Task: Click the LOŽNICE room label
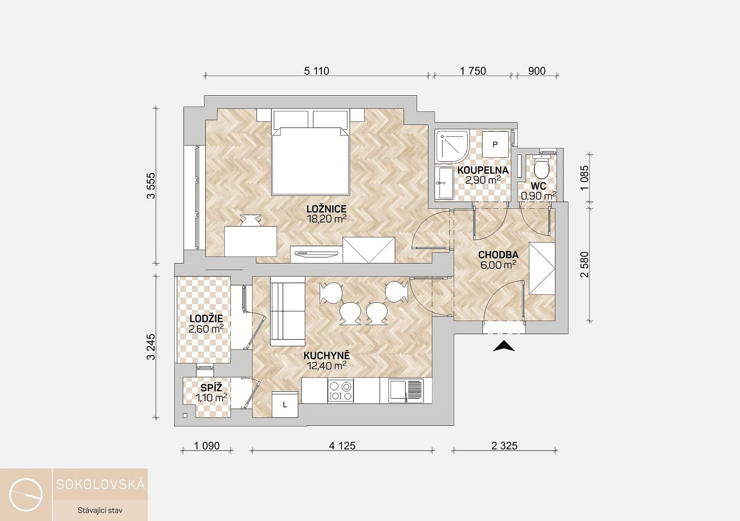326,209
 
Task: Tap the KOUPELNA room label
483,170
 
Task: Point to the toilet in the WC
541,168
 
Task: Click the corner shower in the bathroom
452,147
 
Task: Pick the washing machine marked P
495,144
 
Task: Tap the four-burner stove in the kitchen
341,391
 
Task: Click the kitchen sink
406,391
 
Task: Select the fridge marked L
285,404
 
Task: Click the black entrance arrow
504,346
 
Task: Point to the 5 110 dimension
317,71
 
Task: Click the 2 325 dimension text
504,446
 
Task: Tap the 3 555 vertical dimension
151,185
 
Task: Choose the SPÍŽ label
211,388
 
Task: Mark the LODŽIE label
206,319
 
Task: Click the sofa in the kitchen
287,311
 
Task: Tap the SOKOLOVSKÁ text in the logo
101,485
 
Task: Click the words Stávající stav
100,511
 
